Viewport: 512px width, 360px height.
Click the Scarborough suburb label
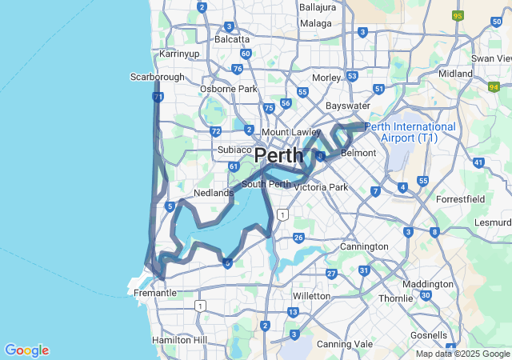coord(157,77)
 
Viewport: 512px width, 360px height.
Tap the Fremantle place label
coord(154,293)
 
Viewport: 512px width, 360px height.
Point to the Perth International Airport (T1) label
coord(410,132)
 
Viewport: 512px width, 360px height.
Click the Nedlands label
coord(214,193)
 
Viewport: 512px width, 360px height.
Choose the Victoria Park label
coord(322,187)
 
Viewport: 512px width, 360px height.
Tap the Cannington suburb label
coord(364,246)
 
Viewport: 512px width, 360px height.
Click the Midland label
coord(456,74)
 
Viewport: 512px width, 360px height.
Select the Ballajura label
coord(318,6)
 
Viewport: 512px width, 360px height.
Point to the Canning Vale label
coord(345,344)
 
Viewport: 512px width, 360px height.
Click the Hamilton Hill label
coord(179,340)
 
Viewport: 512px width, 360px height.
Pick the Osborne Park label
coord(229,89)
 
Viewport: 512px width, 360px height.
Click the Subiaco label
coord(234,150)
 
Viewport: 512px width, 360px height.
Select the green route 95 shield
coord(458,15)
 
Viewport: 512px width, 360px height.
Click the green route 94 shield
coord(494,86)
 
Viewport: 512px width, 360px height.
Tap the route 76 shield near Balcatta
coord(237,69)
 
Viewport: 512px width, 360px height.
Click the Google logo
coord(26,350)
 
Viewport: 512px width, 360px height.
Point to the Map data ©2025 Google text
coord(462,354)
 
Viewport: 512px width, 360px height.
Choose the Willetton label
coord(312,295)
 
